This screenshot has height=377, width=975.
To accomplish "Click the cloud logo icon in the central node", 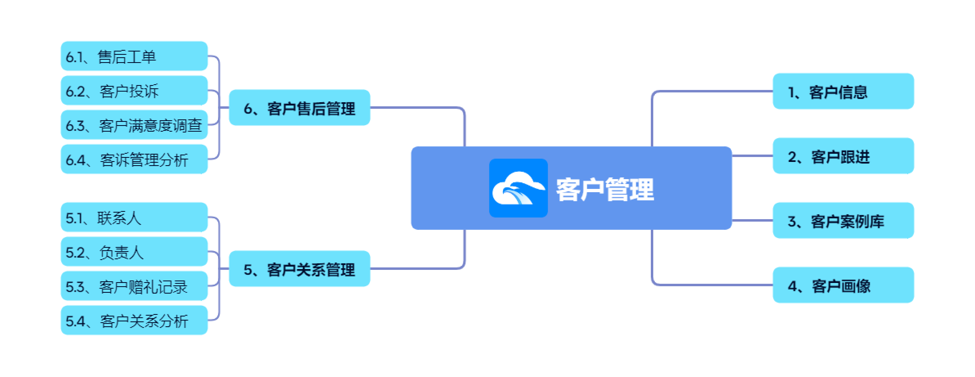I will (x=518, y=188).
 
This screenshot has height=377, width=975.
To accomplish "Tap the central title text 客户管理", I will (x=605, y=189).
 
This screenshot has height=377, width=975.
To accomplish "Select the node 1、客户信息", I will (x=843, y=92).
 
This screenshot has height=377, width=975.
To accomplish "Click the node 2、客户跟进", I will (x=843, y=156).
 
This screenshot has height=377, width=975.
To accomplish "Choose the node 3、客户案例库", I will (x=843, y=221).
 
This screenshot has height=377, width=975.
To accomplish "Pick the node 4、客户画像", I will (x=843, y=285).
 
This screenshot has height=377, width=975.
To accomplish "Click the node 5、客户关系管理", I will (x=299, y=269).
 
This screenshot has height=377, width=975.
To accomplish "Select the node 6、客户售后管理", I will (x=299, y=108).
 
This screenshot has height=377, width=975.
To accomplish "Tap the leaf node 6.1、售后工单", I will (x=134, y=56).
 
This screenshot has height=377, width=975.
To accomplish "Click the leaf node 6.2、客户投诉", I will (x=134, y=91).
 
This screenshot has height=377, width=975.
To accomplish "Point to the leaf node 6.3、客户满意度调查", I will (x=134, y=125).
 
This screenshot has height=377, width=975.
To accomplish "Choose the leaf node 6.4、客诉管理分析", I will (x=134, y=159).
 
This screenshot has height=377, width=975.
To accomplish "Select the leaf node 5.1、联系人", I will (x=134, y=218).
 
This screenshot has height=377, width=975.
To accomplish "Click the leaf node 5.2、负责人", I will (x=134, y=252).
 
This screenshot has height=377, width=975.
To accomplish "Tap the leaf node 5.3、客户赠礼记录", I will (x=134, y=286).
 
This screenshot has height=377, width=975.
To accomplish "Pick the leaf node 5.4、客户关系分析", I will (x=134, y=321).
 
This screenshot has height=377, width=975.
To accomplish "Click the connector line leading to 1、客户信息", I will (x=710, y=91).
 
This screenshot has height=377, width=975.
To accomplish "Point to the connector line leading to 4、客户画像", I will (x=710, y=285).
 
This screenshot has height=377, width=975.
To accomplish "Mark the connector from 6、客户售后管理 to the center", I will (x=416, y=108).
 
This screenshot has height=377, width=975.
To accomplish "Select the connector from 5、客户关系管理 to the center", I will (x=416, y=269).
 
